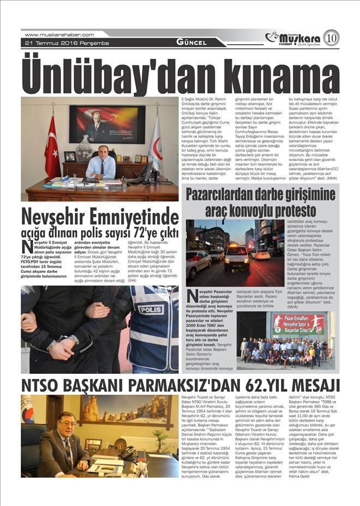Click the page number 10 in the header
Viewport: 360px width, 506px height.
(331, 38)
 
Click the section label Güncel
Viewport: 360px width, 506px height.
(191, 43)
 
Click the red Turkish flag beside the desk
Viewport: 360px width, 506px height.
(52, 147)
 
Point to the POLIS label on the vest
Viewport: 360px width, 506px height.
(151, 309)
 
